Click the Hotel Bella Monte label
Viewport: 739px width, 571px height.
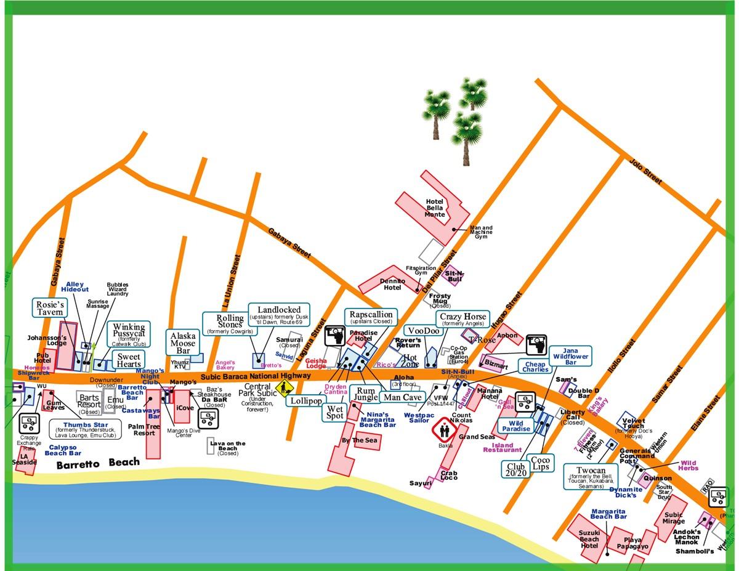tap(435, 208)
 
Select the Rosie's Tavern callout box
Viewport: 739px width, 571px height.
tap(50, 308)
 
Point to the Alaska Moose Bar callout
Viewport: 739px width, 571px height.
tap(183, 343)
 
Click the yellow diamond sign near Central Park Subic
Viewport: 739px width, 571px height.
tap(285, 389)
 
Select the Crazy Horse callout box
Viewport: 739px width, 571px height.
tap(462, 320)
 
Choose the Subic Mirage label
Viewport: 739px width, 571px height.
tap(673, 518)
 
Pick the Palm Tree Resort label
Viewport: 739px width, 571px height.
tap(143, 429)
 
